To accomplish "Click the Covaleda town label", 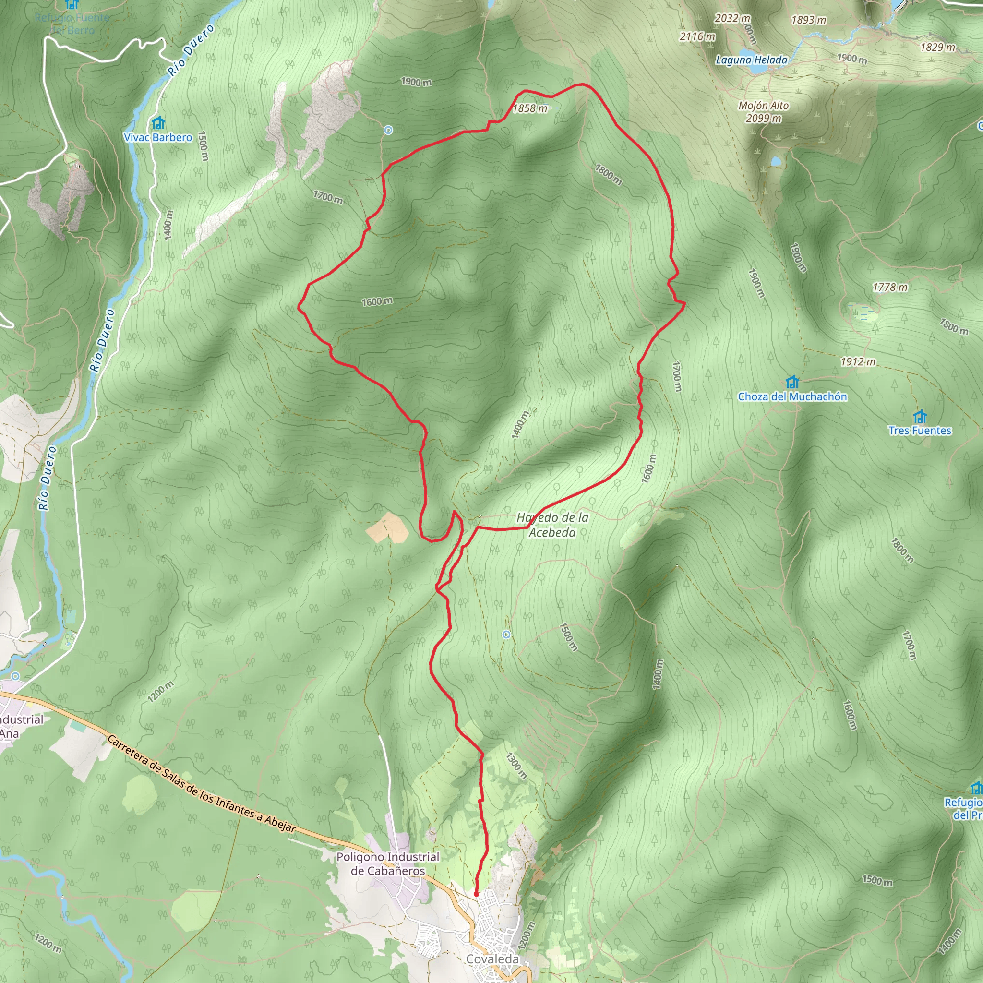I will pos(492,959).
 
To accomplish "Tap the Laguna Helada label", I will pos(751,60).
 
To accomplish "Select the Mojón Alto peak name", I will pos(763,105).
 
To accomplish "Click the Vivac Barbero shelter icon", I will pos(159,123).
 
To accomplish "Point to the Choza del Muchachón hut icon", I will pos(792,382).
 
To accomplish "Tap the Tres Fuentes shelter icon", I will pos(919,417).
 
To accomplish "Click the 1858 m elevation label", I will pos(530,108).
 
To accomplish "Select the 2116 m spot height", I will pos(697,36).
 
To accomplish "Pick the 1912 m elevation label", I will pos(858,362).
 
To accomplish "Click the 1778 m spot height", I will pos(890,288).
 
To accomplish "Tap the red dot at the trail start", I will pos(476,893).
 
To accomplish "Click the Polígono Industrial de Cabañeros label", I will pos(388,863).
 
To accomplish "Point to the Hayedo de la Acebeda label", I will pos(552,525).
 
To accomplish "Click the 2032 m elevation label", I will pos(732,18).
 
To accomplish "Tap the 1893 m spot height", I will pos(808,20).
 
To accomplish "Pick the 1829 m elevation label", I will pos(938,48).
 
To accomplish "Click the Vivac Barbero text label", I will pos(158,137).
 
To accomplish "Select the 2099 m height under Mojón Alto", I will pos(763,119).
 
